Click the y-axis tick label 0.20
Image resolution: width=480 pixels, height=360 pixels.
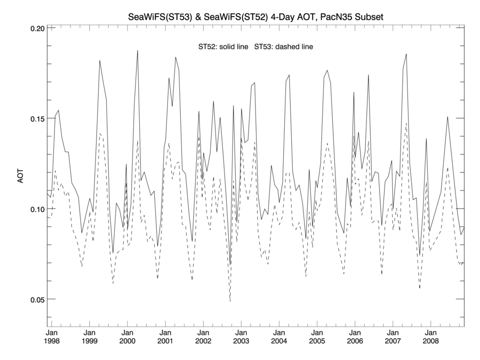[x=35, y=28]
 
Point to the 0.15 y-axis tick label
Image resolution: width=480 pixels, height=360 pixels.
[x=35, y=118]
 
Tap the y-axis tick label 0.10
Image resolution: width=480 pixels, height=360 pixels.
[x=35, y=209]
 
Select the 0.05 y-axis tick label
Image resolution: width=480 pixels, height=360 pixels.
[x=35, y=299]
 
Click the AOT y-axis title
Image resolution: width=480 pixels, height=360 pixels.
[x=21, y=175]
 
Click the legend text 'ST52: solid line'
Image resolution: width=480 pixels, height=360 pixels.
[x=223, y=47]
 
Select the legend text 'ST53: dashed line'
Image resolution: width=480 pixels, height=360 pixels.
[x=284, y=47]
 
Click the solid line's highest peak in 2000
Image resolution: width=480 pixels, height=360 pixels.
[x=138, y=51]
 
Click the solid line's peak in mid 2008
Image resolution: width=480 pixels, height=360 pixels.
[x=447, y=116]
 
